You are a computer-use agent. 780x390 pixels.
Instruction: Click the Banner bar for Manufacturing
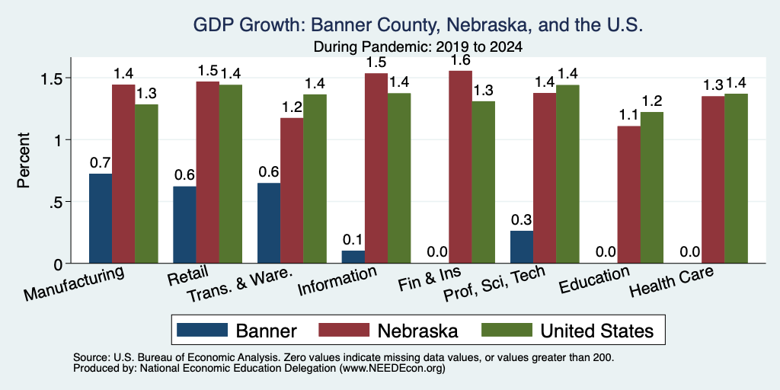pyautogui.click(x=101, y=219)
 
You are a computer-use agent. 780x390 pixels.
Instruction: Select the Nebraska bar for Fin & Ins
pyautogui.click(x=461, y=167)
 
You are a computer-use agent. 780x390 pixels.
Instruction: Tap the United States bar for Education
pyautogui.click(x=652, y=187)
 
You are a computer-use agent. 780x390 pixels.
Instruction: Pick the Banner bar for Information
pyautogui.click(x=353, y=257)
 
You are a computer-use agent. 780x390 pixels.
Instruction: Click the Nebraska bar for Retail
pyautogui.click(x=207, y=172)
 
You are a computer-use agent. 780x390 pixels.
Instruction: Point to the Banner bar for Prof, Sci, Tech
pyautogui.click(x=522, y=247)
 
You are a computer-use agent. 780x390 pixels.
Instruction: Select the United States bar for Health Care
pyautogui.click(x=737, y=178)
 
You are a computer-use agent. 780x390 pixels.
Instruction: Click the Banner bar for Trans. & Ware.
pyautogui.click(x=269, y=223)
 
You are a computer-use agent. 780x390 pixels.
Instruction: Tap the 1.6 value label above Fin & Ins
pyautogui.click(x=460, y=60)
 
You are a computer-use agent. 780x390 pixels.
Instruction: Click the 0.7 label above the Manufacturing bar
pyautogui.click(x=100, y=163)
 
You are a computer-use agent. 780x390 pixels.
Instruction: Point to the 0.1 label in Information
pyautogui.click(x=353, y=240)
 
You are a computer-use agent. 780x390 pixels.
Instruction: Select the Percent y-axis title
pyautogui.click(x=23, y=160)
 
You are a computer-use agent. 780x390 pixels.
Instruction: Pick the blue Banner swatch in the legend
pyautogui.click(x=203, y=330)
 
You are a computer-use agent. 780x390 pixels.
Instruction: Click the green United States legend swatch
pyautogui.click(x=507, y=330)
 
